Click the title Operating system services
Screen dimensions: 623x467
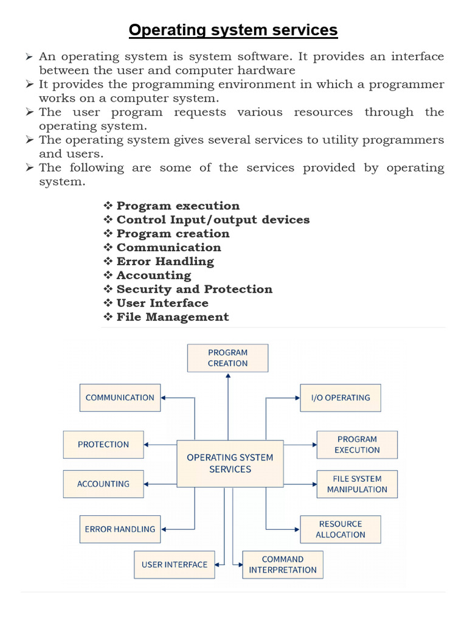pyautogui.click(x=233, y=30)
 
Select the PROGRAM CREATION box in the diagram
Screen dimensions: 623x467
pyautogui.click(x=227, y=358)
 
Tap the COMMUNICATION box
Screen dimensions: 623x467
pyautogui.click(x=120, y=397)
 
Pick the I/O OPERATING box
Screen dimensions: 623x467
pyautogui.click(x=341, y=397)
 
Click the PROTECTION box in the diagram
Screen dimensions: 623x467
pyautogui.click(x=103, y=444)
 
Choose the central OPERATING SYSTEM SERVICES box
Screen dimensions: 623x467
pyautogui.click(x=230, y=463)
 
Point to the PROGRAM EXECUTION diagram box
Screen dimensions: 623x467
pyautogui.click(x=357, y=444)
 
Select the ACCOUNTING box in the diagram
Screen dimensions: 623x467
pyautogui.click(x=103, y=484)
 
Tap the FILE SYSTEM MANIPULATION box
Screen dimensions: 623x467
pyautogui.click(x=357, y=484)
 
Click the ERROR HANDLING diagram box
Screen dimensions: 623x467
pyautogui.click(x=120, y=529)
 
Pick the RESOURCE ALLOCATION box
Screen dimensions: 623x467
pyautogui.click(x=341, y=529)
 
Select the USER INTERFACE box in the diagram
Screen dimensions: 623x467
pyautogui.click(x=174, y=565)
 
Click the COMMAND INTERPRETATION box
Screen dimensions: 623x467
pyautogui.click(x=283, y=565)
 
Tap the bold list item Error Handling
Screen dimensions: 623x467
pyautogui.click(x=165, y=262)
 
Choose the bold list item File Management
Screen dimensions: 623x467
pyautogui.click(x=173, y=317)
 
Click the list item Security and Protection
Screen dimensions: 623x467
pyautogui.click(x=194, y=289)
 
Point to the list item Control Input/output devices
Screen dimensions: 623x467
pyautogui.click(x=213, y=220)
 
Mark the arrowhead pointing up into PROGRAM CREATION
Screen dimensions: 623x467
pyautogui.click(x=228, y=375)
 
